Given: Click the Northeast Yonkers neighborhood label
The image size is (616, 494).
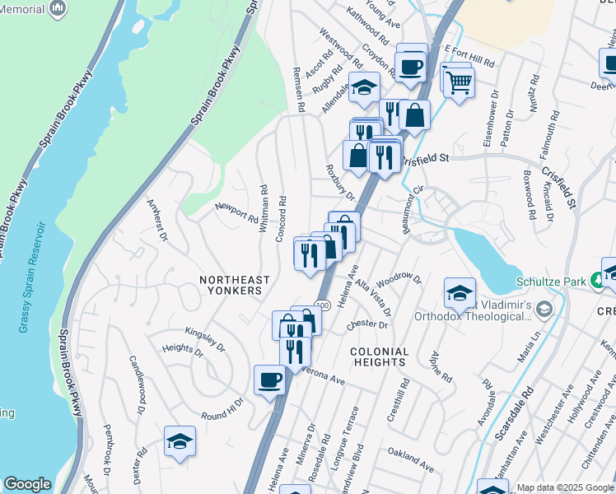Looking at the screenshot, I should pyautogui.click(x=231, y=285).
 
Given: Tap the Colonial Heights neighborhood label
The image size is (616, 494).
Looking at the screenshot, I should pyautogui.click(x=379, y=357).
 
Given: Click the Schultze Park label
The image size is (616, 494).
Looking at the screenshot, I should pyautogui.click(x=550, y=281).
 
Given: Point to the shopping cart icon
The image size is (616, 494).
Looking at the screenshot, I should pyautogui.click(x=460, y=82).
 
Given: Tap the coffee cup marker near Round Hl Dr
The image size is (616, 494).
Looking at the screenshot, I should pyautogui.click(x=269, y=380).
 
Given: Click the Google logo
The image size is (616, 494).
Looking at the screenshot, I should pyautogui.click(x=27, y=484).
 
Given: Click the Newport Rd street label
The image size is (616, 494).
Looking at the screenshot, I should pyautogui.click(x=236, y=212).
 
